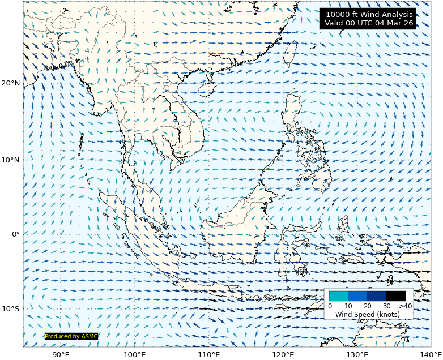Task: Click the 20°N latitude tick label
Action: tap(11, 83)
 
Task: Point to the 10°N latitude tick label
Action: tap(11, 160)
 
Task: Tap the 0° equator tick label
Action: tap(15, 234)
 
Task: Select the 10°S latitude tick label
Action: tap(11, 309)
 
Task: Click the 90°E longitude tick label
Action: tap(61, 354)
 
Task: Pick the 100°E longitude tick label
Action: tap(135, 354)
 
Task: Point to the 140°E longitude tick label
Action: tap(431, 354)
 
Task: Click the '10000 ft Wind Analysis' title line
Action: tap(369, 14)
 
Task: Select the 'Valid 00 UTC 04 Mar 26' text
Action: tap(369, 23)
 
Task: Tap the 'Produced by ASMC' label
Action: tap(71, 336)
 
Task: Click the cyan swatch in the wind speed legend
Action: tap(339, 295)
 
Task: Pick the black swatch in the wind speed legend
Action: tap(396, 295)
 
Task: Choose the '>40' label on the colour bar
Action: tap(405, 306)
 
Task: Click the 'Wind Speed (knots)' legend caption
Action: tap(368, 314)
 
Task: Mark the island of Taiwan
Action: tap(290, 54)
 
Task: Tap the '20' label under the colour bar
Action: tap(367, 306)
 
